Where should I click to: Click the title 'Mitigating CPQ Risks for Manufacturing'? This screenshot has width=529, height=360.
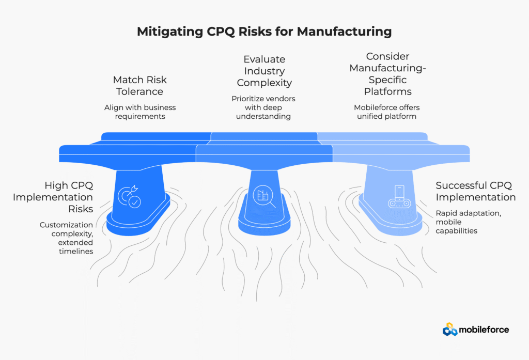tap(264, 32)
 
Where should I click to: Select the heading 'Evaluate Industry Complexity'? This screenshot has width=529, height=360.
tap(264, 71)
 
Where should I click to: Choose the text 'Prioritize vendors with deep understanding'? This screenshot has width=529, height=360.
tap(264, 107)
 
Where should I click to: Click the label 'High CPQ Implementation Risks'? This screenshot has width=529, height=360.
tap(69, 197)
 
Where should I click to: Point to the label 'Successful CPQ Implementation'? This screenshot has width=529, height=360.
tap(475, 191)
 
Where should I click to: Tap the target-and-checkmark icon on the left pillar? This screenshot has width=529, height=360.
tap(129, 197)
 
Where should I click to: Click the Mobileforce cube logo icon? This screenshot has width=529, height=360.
tap(450, 329)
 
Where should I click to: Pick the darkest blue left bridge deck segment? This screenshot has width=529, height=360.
tap(129, 153)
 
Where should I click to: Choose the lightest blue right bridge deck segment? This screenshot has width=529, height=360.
tap(400, 153)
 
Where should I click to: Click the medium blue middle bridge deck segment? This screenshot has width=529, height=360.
tap(264, 153)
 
